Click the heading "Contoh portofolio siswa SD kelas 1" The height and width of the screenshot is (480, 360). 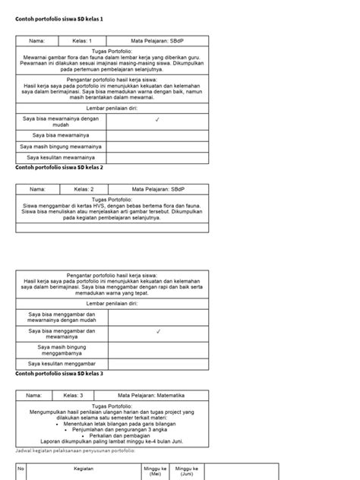click(x=58, y=17)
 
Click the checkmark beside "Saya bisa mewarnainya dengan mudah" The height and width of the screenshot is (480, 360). click(x=156, y=119)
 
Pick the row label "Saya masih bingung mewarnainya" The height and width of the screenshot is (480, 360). click(x=62, y=145)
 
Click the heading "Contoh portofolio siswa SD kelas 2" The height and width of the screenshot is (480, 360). click(x=58, y=166)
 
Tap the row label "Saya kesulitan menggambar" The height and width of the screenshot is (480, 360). click(x=61, y=364)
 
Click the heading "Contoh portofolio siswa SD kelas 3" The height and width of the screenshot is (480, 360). click(x=58, y=374)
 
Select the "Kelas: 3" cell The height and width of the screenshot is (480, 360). click(x=79, y=395)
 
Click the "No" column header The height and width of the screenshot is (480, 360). click(x=21, y=469)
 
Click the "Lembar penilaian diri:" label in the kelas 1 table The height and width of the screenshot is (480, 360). click(x=110, y=109)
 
